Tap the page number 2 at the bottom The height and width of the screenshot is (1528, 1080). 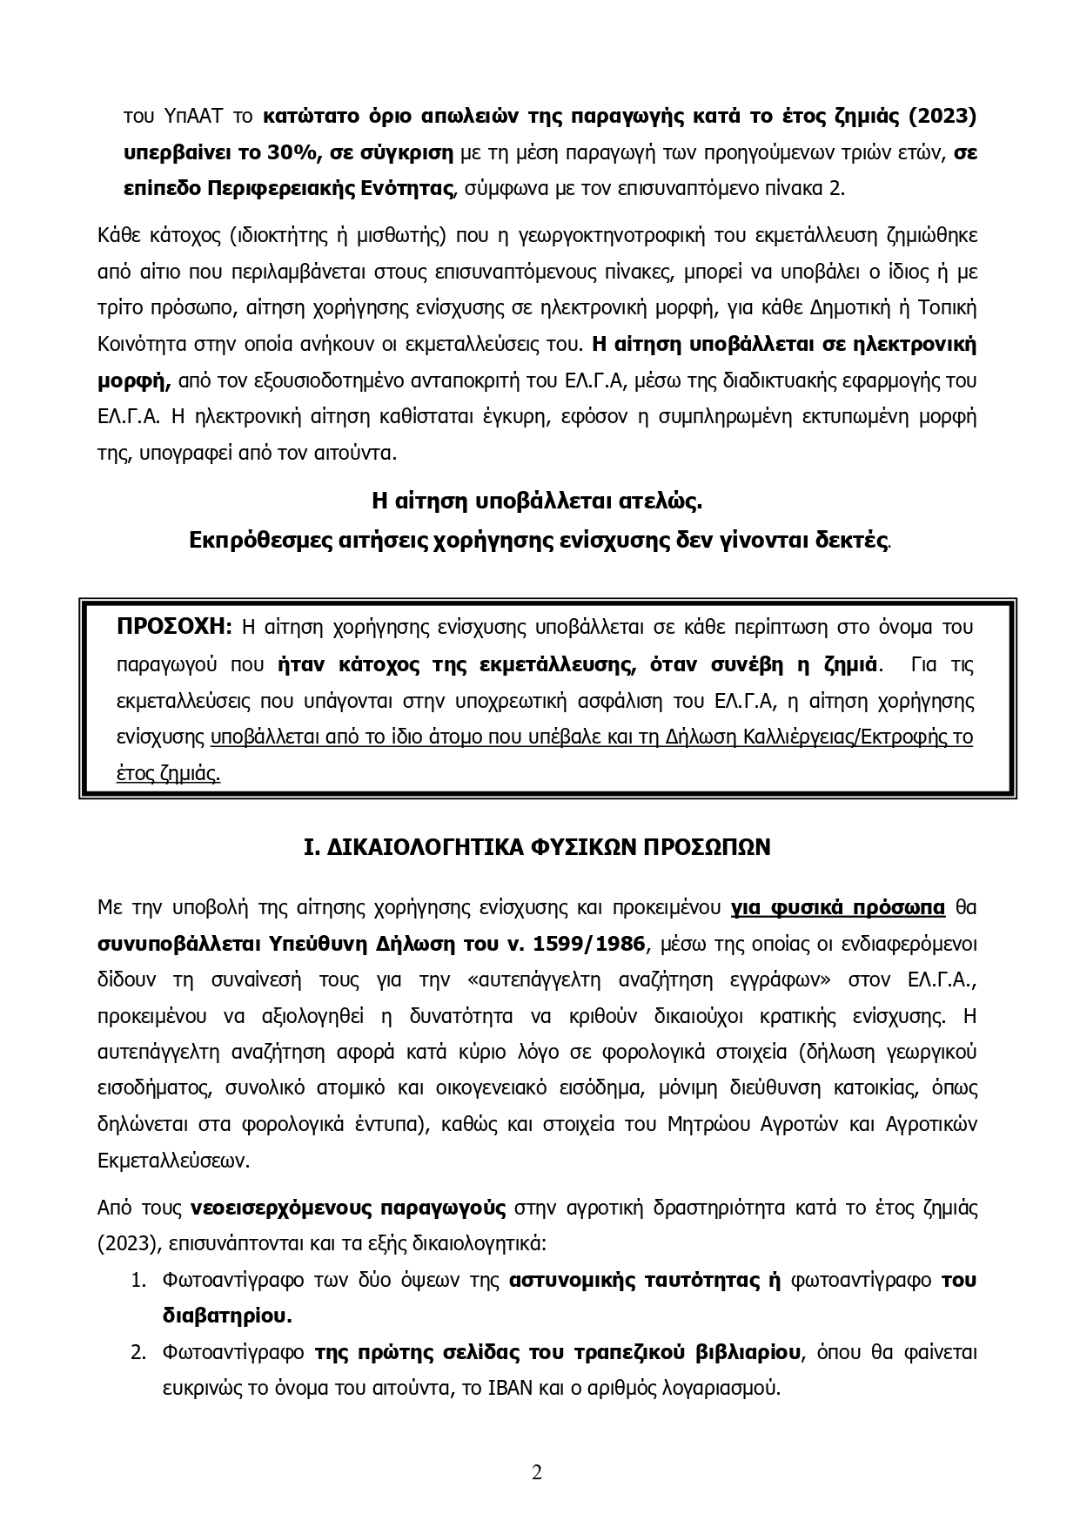537,1472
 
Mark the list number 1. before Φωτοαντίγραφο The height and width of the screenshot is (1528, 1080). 137,1281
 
